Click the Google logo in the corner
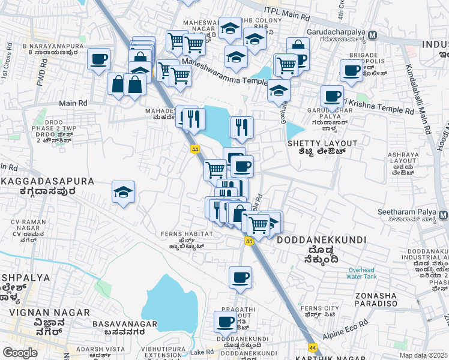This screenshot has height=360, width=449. point(20,353)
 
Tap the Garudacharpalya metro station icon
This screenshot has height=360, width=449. point(373,35)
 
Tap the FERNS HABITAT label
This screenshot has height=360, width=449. point(187,233)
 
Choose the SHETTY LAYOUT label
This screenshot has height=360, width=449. point(322,143)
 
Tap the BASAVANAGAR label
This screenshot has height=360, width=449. point(125,324)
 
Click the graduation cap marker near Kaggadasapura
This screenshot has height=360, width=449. point(124,192)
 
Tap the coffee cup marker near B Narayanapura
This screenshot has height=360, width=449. point(98,59)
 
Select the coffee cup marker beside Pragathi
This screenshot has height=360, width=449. point(226,322)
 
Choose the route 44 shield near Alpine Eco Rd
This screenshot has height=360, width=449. point(312,347)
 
